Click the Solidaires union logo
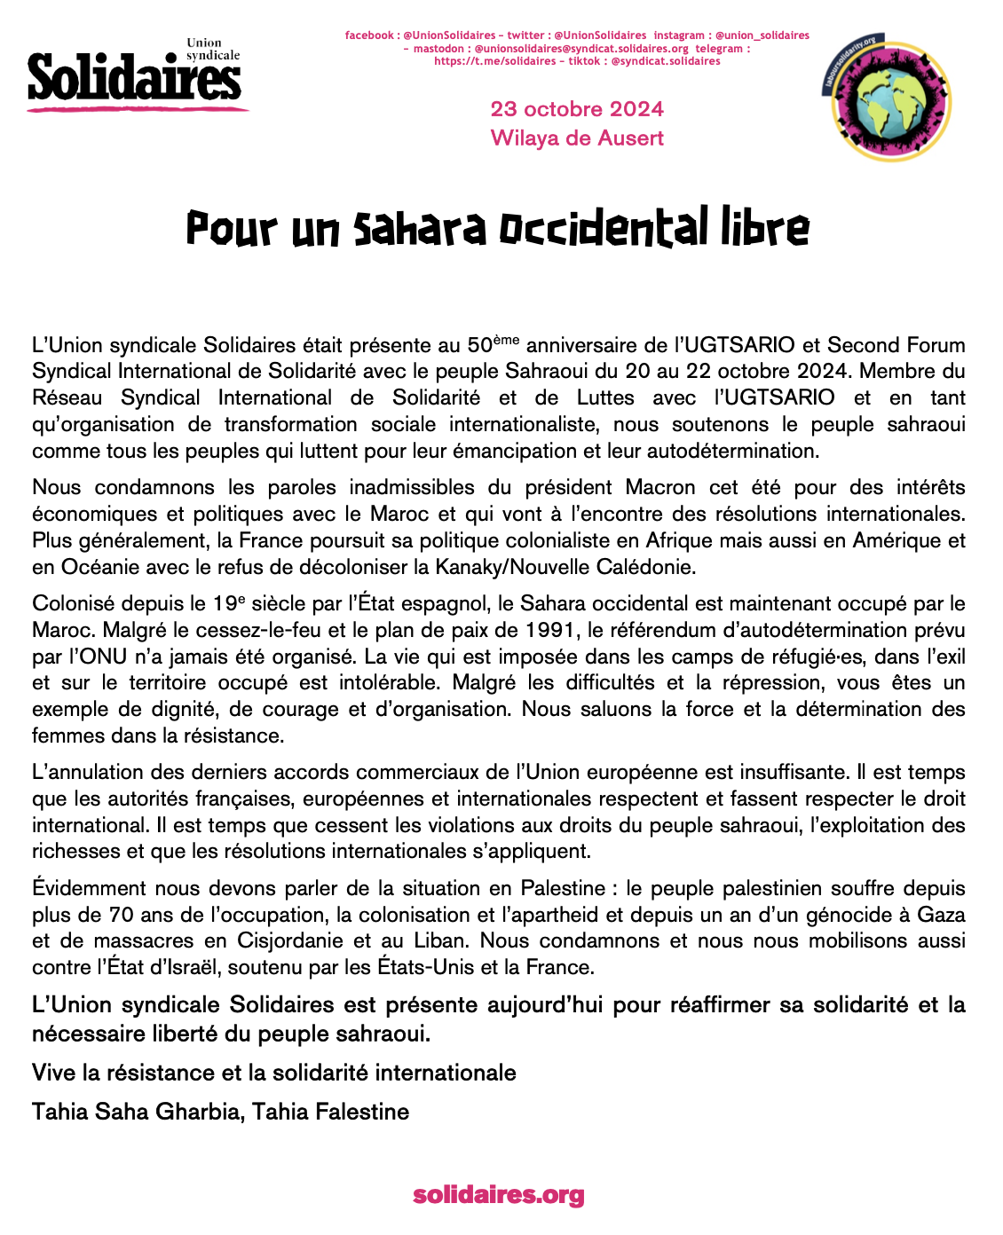coord(135,75)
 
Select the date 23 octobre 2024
coord(577,109)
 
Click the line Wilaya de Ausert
coord(577,138)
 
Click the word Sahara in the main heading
coord(420,228)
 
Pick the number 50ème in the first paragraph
coord(493,343)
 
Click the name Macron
coord(660,487)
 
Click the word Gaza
coord(941,915)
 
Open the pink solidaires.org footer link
coord(499,1195)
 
